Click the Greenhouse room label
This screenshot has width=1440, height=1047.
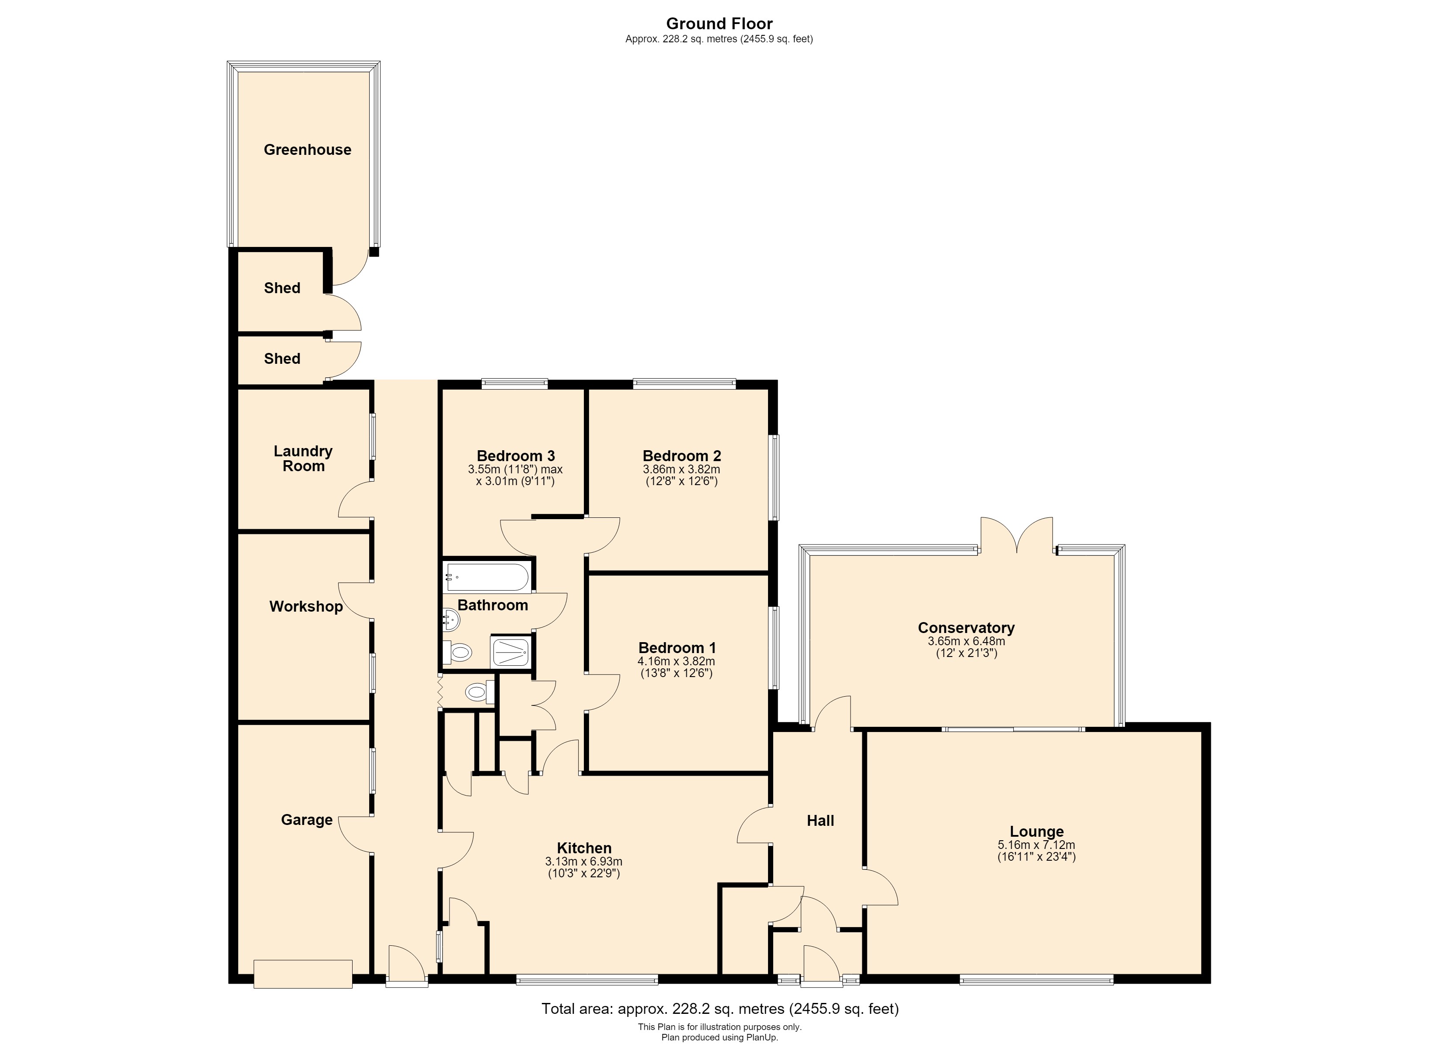click(x=307, y=150)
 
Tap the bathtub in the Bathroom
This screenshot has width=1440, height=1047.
click(x=487, y=577)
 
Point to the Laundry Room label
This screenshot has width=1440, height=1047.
click(x=304, y=458)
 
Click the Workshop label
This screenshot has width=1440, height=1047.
click(x=306, y=606)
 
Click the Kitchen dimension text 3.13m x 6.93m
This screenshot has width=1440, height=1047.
click(x=583, y=862)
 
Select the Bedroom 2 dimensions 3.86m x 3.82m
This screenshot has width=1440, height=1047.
click(x=681, y=469)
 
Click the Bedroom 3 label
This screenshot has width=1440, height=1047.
click(x=515, y=456)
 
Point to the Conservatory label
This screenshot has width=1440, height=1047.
click(x=967, y=628)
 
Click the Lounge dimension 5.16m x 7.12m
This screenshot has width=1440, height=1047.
click(x=1036, y=845)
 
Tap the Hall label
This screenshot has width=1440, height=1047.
click(x=820, y=821)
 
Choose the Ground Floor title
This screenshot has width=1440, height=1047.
click(x=720, y=24)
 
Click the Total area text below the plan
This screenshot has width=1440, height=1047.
click(x=720, y=1008)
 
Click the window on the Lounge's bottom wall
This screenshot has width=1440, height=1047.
click(x=1036, y=980)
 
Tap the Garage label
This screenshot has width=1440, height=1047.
click(x=307, y=820)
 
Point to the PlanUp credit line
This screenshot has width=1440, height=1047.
click(x=720, y=1037)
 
